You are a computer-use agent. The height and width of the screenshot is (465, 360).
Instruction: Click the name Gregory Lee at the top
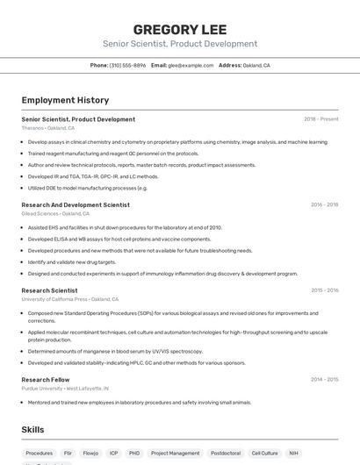179,28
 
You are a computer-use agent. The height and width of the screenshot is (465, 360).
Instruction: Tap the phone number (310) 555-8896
127,65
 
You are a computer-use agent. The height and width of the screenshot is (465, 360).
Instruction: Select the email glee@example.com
190,65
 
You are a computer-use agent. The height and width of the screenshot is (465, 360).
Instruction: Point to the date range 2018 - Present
320,119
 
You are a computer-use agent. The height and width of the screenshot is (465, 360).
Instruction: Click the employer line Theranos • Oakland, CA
48,127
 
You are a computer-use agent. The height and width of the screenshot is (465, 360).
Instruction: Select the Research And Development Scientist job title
76,204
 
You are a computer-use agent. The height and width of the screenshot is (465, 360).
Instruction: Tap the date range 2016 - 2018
324,204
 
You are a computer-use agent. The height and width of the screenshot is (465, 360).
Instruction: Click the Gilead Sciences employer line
55,213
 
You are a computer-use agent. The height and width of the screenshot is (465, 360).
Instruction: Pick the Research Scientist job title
49,290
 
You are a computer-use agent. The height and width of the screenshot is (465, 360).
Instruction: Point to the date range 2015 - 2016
324,290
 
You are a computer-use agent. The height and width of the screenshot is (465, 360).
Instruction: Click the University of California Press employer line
69,299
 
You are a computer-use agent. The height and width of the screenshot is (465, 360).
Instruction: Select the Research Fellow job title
46,380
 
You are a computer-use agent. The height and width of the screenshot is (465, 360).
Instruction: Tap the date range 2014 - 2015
324,380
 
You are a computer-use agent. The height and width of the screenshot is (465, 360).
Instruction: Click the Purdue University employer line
65,388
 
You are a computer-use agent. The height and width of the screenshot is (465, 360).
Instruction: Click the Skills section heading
33,429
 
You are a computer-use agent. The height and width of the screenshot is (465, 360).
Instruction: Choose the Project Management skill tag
175,454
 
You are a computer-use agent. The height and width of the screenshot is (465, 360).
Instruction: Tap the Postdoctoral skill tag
225,454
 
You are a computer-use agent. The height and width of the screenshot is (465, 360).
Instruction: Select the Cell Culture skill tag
264,454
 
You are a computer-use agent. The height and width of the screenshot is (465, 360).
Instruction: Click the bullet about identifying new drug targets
72,261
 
